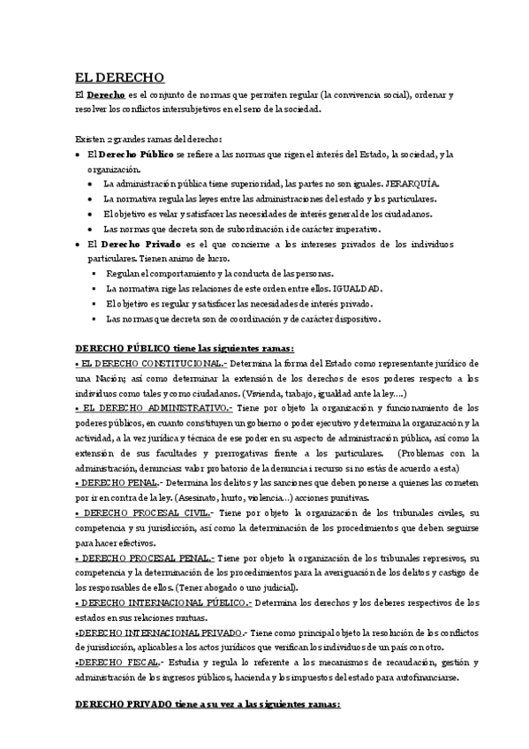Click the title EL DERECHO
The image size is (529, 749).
[114, 77]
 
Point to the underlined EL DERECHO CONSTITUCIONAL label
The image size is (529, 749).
[150, 363]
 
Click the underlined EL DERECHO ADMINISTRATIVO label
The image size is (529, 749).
[154, 407]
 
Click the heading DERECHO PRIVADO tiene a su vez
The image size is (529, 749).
[207, 707]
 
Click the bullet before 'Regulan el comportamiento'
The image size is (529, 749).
[94, 274]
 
